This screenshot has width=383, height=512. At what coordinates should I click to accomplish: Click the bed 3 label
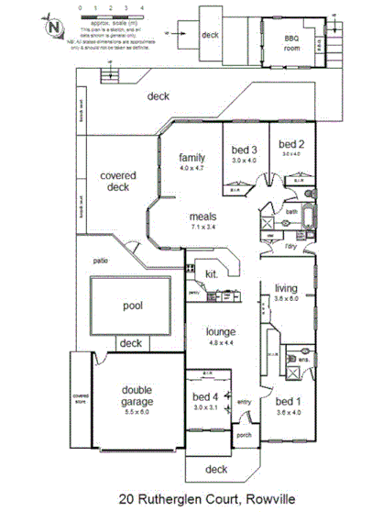(244, 149)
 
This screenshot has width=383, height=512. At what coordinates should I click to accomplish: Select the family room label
(192, 158)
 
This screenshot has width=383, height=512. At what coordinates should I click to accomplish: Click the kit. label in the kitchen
(211, 273)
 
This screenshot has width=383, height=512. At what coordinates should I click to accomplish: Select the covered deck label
(117, 181)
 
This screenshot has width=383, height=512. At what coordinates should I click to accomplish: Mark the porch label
(243, 436)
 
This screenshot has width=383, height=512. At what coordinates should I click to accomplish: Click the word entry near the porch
(244, 401)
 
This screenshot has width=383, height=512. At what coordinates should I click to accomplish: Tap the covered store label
(81, 398)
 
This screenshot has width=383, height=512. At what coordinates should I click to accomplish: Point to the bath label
(291, 211)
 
